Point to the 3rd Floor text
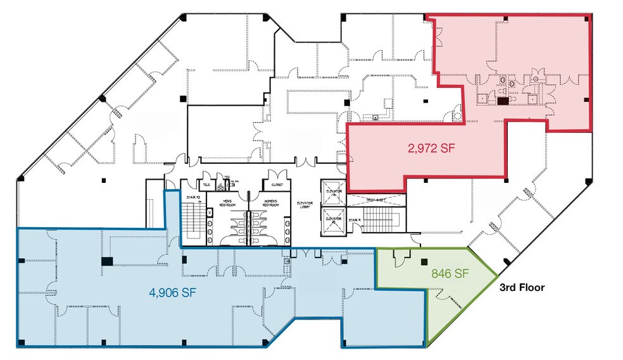(x=522, y=287)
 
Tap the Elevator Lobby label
(x=306, y=205)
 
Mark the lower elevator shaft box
(x=334, y=221)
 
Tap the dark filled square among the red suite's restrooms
(x=503, y=100)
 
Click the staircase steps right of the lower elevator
(x=380, y=222)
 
